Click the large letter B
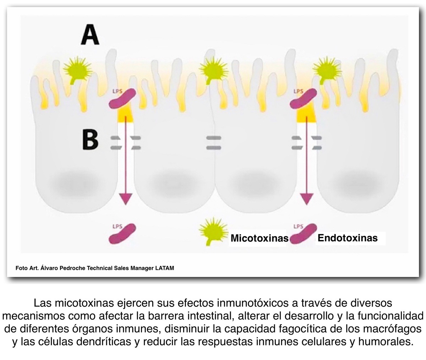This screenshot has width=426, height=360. [x=90, y=140]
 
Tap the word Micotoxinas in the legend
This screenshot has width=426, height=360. [x=259, y=238]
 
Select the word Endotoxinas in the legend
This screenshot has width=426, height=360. [x=347, y=238]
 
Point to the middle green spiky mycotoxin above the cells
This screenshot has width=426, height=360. [x=213, y=69]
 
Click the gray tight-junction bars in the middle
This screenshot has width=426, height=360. [x=213, y=142]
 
